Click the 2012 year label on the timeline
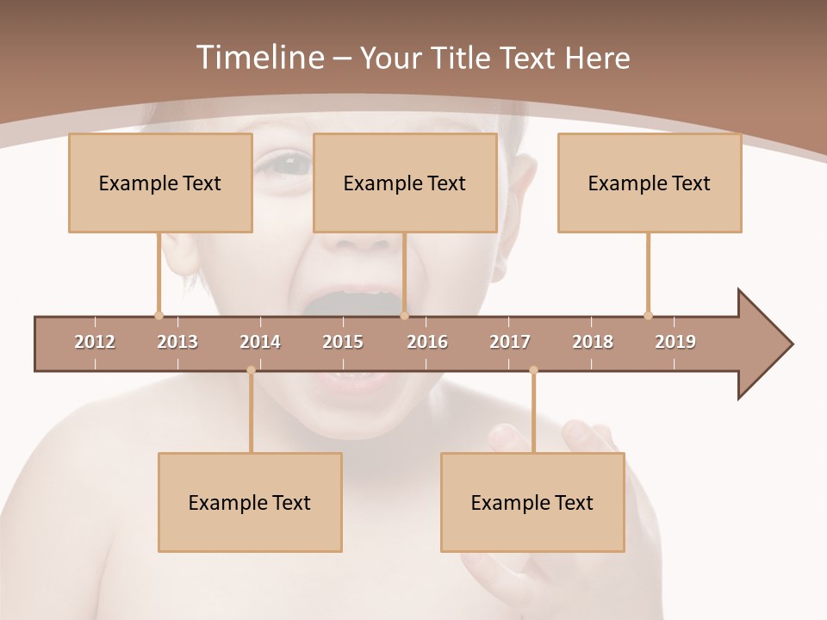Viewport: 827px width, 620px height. point(95,342)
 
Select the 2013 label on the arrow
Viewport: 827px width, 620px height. point(177,342)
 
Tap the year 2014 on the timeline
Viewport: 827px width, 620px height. point(260,342)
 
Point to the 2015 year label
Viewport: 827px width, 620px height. point(343,342)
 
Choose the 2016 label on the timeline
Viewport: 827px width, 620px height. point(427,342)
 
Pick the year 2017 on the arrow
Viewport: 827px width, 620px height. point(510,342)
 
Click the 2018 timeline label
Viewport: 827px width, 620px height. point(593,342)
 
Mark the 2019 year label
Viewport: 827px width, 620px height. point(675,342)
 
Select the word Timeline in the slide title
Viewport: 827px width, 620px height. point(258,58)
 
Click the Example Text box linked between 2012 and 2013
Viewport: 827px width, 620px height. point(160,183)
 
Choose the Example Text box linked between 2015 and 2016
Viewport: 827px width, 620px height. point(405,183)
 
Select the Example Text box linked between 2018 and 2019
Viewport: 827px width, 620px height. point(650,183)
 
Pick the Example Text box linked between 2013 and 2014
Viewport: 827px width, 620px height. point(250,502)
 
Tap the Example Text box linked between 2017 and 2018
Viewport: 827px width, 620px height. point(532,502)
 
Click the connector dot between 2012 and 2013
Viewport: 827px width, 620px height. point(159,315)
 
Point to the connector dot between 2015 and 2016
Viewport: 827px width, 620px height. point(404,315)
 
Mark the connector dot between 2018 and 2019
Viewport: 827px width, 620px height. point(648,315)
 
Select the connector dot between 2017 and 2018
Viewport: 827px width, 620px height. point(533,370)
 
